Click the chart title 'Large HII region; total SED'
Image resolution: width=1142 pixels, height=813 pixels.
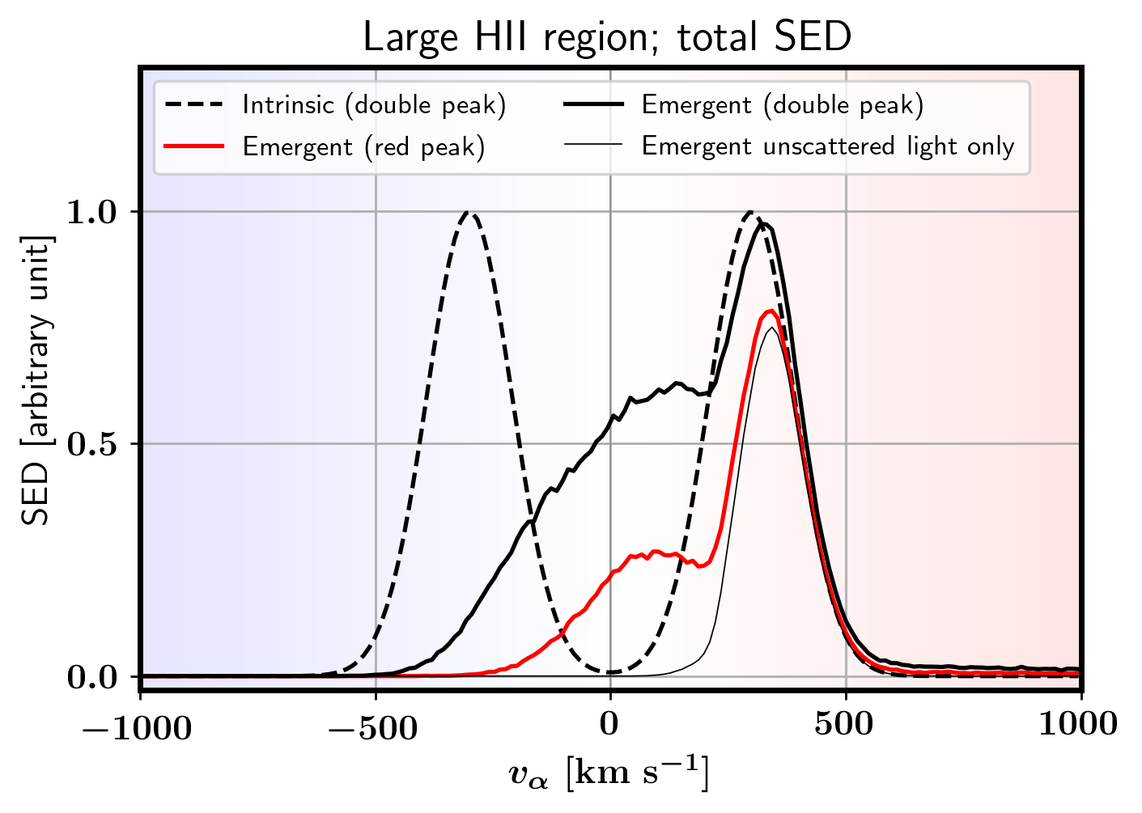pos(606,37)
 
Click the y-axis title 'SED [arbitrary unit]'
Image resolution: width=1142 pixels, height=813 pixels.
pos(36,380)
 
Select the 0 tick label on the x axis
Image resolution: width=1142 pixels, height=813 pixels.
pos(609,725)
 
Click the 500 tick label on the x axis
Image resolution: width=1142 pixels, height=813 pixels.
pos(845,725)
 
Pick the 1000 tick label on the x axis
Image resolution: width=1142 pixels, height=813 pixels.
pos(1077,725)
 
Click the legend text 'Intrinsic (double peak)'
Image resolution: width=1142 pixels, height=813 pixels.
pos(374,105)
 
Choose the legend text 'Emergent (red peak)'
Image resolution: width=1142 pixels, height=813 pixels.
pos(363,146)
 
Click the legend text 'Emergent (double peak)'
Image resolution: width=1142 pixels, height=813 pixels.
pos(782,105)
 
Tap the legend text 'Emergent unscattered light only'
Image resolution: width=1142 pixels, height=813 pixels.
pos(827,146)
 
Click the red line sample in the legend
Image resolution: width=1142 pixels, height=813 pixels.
pos(193,146)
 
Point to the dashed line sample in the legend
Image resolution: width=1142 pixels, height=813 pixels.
pos(193,105)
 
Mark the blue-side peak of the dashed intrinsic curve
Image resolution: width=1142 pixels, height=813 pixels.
pos(468,213)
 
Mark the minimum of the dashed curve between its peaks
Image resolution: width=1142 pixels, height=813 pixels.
pos(610,672)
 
